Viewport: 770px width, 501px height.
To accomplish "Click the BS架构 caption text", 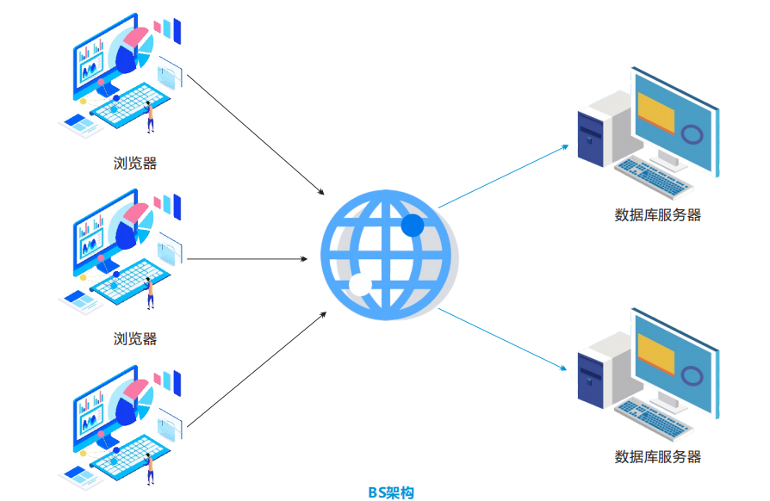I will click(x=391, y=492).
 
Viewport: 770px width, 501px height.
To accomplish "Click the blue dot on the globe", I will click(x=413, y=226).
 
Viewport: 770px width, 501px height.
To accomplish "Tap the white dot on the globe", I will click(x=360, y=285).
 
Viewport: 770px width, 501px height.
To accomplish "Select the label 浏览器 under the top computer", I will click(x=135, y=163).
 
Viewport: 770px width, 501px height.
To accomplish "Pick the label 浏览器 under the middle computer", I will click(x=135, y=338).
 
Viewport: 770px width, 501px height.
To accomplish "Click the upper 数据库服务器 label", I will click(x=657, y=215).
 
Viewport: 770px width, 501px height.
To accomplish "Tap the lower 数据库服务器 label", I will click(x=657, y=456).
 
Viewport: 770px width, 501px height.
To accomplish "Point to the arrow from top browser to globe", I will click(x=256, y=133).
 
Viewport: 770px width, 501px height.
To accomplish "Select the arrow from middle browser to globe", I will click(x=248, y=258).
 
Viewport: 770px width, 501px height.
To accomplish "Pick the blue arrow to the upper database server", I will click(x=504, y=176).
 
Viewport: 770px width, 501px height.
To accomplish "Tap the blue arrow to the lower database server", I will click(x=504, y=339).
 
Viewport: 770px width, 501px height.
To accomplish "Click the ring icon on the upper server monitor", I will click(x=691, y=134).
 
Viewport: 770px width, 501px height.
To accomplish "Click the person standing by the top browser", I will click(x=150, y=116).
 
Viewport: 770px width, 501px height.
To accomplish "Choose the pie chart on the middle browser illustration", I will click(x=132, y=226).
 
